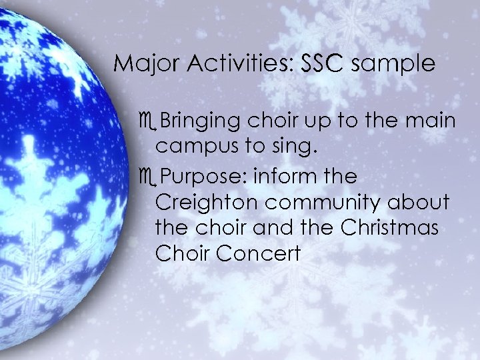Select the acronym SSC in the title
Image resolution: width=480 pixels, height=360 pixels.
[323, 64]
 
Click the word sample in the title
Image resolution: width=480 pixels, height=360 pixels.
[393, 64]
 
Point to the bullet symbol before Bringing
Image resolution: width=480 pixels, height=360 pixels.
[148, 122]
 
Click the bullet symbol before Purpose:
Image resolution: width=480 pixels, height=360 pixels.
[148, 178]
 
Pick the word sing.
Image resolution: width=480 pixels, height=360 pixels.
[293, 147]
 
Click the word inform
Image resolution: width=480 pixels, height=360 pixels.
[277, 177]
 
